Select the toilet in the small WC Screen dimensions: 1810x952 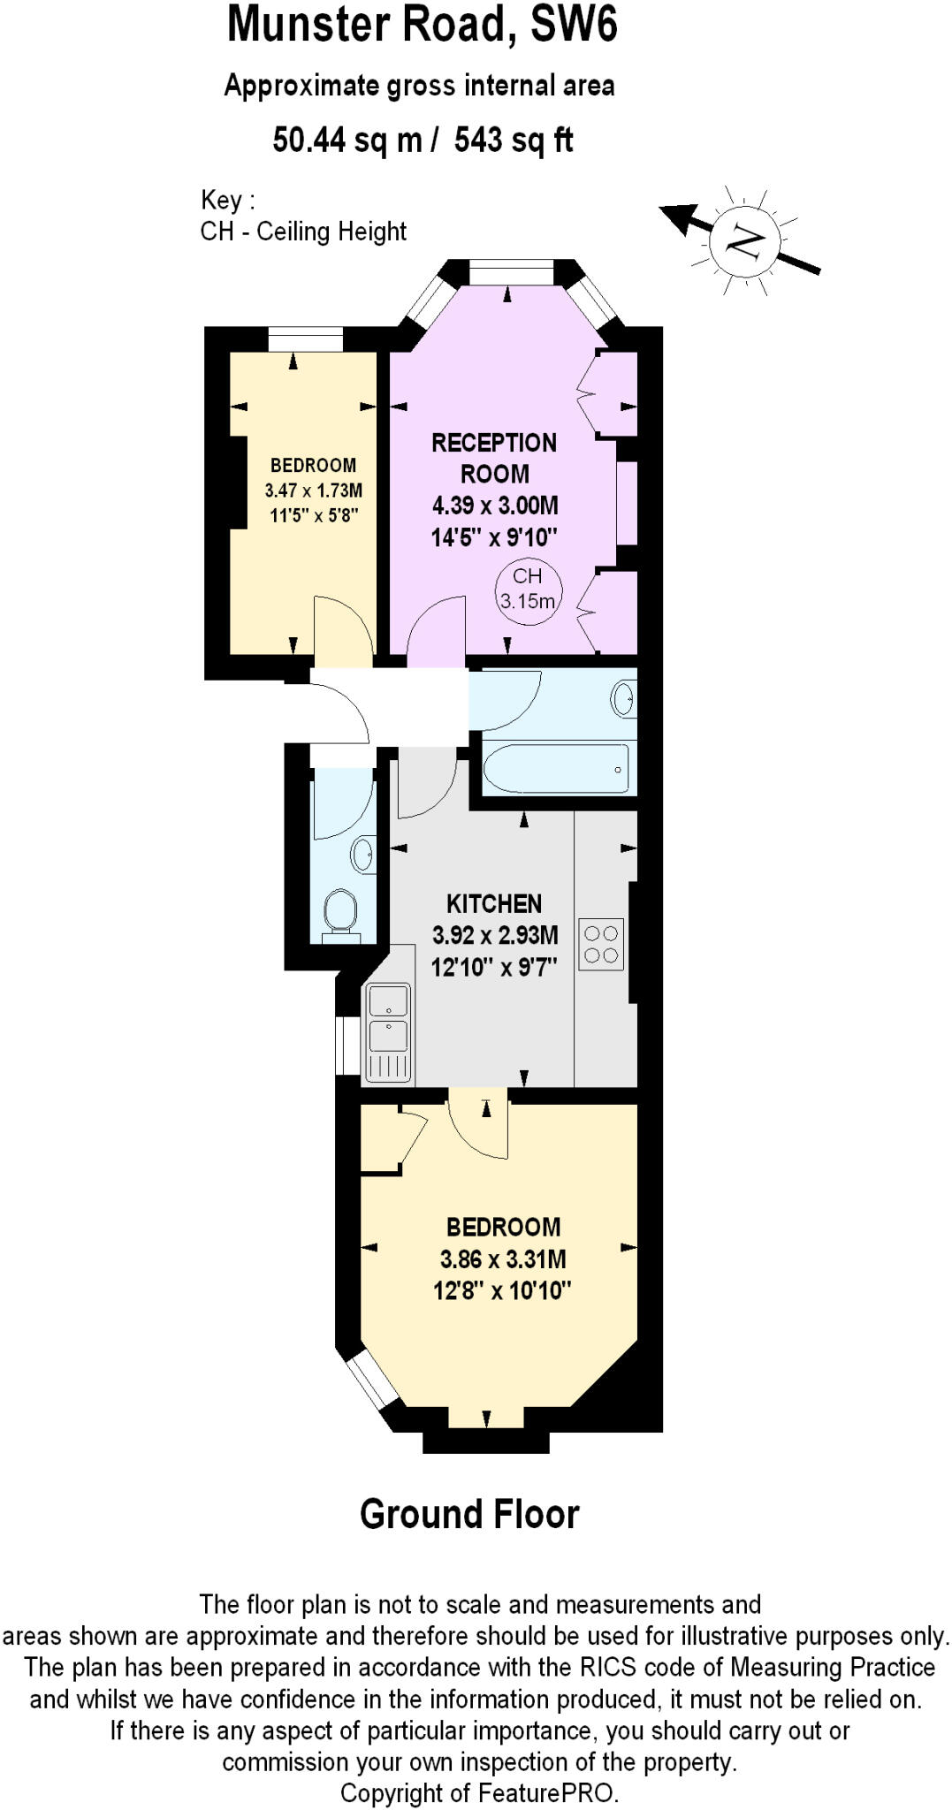point(340,911)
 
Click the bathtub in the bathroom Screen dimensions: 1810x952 point(556,769)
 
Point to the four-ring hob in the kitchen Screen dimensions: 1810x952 point(601,944)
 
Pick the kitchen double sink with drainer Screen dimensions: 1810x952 point(388,1032)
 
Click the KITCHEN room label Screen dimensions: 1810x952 point(494,903)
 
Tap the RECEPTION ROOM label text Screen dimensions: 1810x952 point(494,458)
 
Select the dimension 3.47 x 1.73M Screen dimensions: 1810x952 point(313,491)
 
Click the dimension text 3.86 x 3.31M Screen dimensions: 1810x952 point(503,1259)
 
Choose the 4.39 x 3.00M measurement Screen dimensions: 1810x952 point(495,506)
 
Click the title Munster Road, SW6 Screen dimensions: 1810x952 point(423,25)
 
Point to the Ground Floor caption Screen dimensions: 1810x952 point(469,1514)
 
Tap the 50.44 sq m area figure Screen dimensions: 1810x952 point(347,140)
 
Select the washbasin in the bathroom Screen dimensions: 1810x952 point(623,699)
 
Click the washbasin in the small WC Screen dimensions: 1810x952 point(363,854)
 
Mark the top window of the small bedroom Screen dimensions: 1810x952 point(305,338)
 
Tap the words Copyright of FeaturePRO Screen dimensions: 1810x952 point(480,1793)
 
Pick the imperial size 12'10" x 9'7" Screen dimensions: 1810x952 point(494,967)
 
